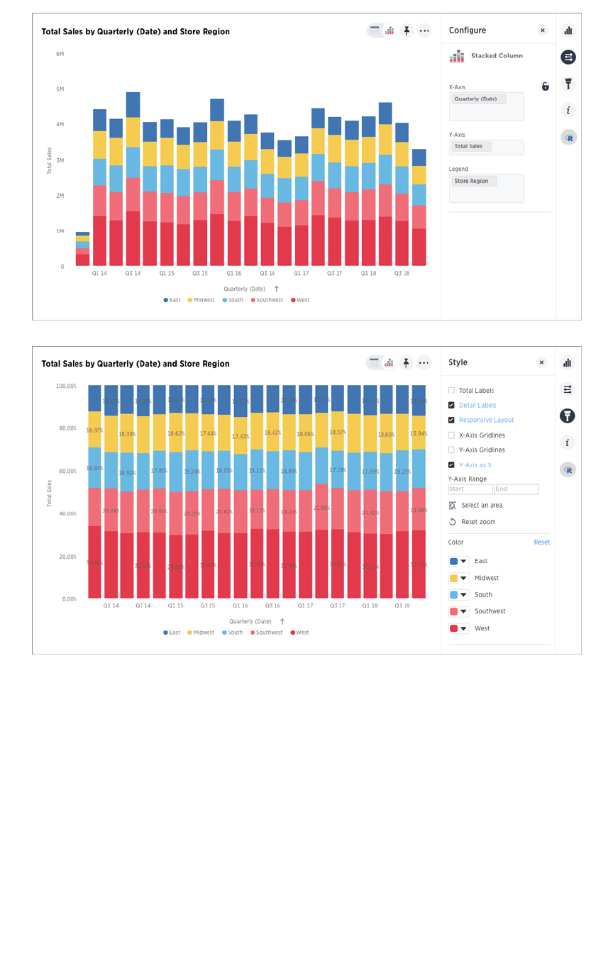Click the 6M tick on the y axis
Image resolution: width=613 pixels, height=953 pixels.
(x=60, y=54)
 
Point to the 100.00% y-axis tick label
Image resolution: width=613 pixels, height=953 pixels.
(x=66, y=386)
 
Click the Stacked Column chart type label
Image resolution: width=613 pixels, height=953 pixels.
(x=497, y=56)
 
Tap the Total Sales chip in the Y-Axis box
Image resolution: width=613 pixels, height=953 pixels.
(x=470, y=147)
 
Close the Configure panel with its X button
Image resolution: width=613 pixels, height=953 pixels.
(x=543, y=30)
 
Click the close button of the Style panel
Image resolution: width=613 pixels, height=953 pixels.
(x=542, y=362)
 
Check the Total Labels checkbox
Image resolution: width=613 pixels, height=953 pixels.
(x=451, y=391)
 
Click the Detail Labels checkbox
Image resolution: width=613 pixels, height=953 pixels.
(x=451, y=406)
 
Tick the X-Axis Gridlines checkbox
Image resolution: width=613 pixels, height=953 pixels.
(x=451, y=435)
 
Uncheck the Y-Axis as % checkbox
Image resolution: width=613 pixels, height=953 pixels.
(x=451, y=465)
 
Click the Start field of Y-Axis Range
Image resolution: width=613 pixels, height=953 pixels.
(x=470, y=489)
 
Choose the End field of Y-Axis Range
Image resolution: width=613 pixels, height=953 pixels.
(x=517, y=489)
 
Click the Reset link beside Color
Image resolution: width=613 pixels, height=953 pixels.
(x=542, y=542)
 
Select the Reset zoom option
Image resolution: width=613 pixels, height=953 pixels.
(x=478, y=522)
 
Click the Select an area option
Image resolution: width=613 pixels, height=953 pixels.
(x=481, y=506)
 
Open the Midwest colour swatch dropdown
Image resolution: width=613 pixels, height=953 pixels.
(x=458, y=578)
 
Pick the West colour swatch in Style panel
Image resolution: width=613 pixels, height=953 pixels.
(x=458, y=628)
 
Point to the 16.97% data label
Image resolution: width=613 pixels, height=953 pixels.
(x=94, y=430)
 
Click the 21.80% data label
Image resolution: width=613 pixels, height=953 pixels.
(x=321, y=508)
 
